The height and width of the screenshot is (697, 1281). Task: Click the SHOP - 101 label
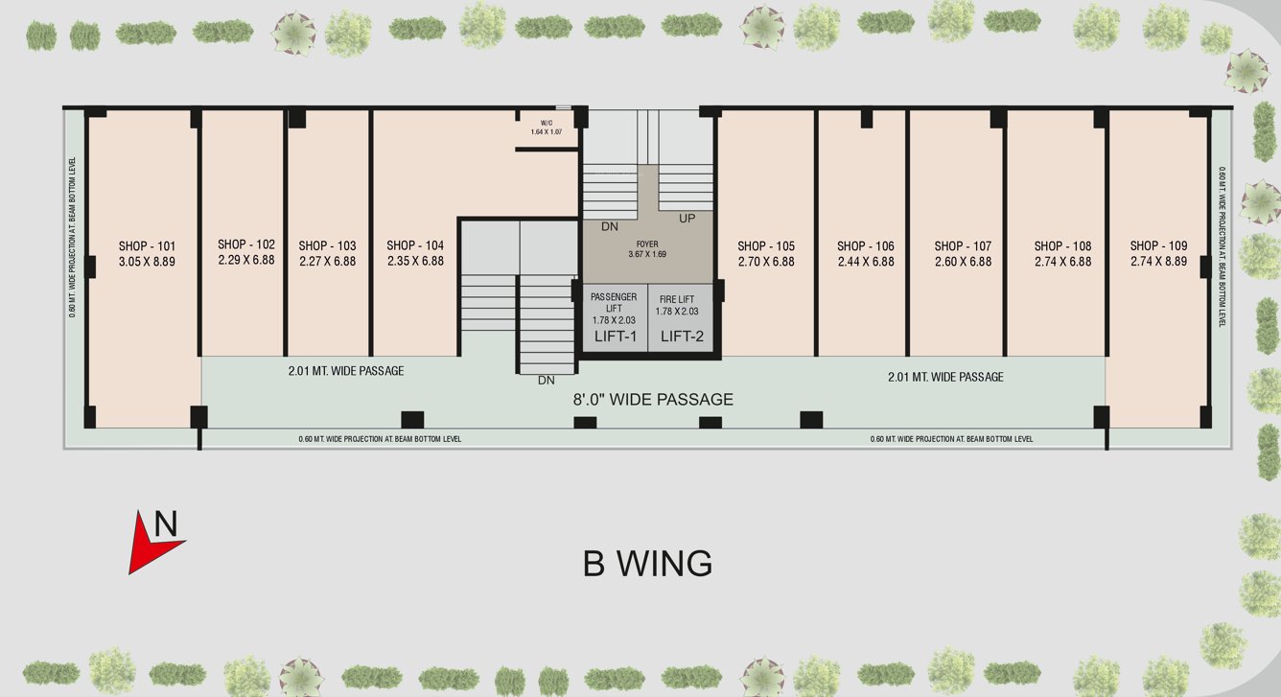click(148, 245)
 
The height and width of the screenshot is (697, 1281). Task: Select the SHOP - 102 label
click(246, 244)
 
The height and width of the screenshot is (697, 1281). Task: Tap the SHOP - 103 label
click(327, 245)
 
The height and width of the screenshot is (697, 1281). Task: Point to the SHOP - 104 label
click(415, 245)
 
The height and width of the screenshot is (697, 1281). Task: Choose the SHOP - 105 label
click(766, 246)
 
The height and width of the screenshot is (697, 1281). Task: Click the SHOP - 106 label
click(865, 246)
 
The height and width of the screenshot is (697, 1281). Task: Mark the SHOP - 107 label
click(963, 246)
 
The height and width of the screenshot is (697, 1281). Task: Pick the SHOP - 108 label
click(1062, 246)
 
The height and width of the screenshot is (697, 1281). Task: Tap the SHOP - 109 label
click(1158, 245)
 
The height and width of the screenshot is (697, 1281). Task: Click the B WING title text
click(647, 564)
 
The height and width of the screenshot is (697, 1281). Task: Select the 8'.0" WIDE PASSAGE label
click(654, 400)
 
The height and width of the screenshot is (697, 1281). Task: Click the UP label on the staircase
click(687, 219)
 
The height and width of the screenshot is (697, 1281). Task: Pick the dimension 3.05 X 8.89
click(148, 261)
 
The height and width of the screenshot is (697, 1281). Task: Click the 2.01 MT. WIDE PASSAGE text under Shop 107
click(945, 377)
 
